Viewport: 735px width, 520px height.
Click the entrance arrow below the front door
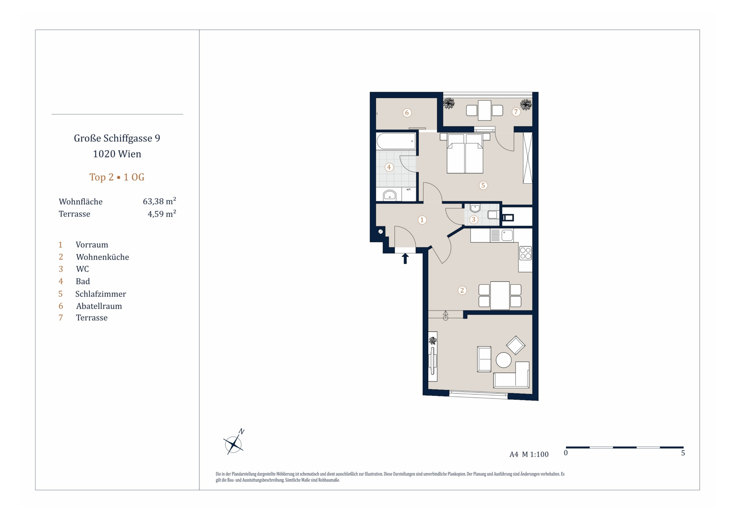(405, 258)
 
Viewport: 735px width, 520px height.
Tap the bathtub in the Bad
(396, 141)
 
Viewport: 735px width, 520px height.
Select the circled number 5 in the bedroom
(483, 185)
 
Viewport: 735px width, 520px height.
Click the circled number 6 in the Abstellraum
(407, 113)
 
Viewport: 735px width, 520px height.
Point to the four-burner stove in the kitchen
(525, 253)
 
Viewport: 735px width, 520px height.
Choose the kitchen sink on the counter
(507, 235)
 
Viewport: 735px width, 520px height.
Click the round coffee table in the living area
(504, 360)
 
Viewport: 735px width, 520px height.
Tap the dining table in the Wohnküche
(500, 295)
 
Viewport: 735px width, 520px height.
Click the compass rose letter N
(242, 432)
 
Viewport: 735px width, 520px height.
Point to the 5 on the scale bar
(683, 453)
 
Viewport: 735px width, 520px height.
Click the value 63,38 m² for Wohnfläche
(159, 201)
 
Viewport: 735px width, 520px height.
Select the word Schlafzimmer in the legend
(101, 294)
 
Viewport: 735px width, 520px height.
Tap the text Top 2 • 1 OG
(117, 177)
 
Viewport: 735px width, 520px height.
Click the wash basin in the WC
(475, 208)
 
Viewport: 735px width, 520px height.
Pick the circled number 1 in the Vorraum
(422, 220)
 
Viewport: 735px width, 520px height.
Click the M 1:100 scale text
(535, 454)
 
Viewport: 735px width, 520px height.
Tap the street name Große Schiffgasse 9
(117, 138)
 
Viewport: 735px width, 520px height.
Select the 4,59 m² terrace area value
(162, 214)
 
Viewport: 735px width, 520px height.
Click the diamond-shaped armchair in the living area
(515, 345)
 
